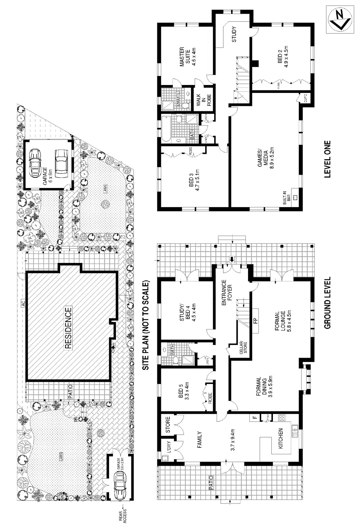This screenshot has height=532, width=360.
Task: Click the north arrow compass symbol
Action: [340, 20]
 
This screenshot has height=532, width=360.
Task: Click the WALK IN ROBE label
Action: [203, 101]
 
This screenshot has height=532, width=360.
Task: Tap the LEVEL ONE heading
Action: [327, 159]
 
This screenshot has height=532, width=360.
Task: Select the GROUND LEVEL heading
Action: [327, 303]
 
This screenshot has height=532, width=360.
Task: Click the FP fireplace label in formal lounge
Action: [256, 319]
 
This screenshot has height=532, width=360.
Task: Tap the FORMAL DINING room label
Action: [261, 387]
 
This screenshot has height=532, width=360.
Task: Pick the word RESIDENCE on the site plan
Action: [68, 327]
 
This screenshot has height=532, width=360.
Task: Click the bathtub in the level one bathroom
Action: [167, 129]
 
